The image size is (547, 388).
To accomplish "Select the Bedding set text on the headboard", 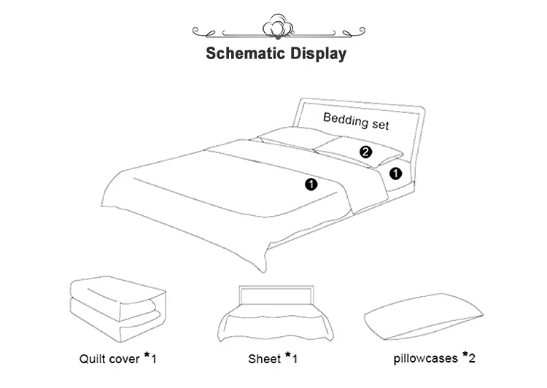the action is (x=356, y=120).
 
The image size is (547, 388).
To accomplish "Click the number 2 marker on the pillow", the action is (x=366, y=152).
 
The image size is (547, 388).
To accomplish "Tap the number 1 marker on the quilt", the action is (x=311, y=185).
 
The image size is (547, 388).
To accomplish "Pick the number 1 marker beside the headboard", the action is (x=396, y=174).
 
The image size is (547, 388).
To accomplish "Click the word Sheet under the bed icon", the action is (x=263, y=359).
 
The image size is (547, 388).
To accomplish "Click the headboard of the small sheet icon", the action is (x=273, y=294).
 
